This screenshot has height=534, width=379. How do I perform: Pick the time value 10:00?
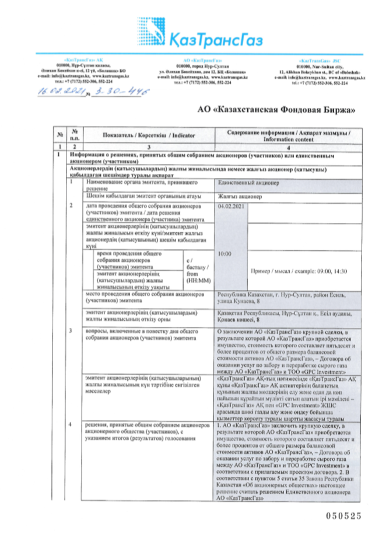tap(224, 254)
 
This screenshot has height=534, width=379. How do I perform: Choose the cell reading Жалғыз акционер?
tap(238, 197)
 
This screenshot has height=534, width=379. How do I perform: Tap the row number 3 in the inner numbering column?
tap(71, 331)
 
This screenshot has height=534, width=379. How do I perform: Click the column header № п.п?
tap(75, 135)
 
